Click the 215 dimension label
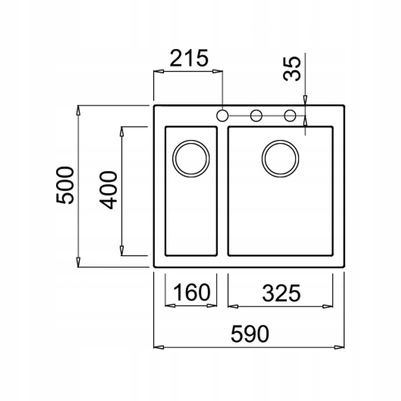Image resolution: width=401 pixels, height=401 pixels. point(189,58)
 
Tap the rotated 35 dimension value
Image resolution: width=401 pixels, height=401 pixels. point(292,69)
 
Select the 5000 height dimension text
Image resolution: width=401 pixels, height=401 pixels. point(65,185)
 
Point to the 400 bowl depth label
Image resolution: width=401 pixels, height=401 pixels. point(108,190)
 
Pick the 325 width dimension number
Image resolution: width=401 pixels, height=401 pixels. point(281,293)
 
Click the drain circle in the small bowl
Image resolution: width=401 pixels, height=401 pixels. point(191,159)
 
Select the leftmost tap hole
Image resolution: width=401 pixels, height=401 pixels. point(222,115)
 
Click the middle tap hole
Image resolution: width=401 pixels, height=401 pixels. point(256,115)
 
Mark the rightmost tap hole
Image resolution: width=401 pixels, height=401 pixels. point(290,115)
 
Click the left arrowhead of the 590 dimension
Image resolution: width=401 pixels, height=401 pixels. point(159,348)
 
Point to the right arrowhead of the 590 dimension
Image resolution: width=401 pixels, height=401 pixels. point(340,348)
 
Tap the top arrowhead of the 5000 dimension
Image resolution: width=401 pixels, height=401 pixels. point(78,111)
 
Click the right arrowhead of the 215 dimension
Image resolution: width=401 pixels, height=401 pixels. point(218,72)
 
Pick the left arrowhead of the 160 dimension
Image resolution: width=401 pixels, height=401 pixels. point(170,306)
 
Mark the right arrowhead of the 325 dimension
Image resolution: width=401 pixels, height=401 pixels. point(327,306)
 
